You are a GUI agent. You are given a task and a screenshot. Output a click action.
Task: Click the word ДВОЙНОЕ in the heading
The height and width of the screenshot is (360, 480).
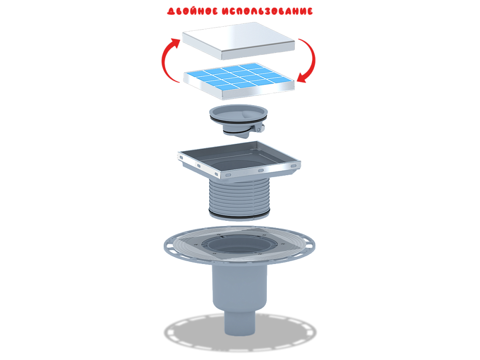tap(192, 12)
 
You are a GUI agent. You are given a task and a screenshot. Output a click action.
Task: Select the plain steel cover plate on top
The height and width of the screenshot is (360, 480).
tap(238, 41)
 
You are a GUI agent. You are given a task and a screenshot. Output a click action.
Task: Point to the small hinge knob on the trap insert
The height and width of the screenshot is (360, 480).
tap(259, 129)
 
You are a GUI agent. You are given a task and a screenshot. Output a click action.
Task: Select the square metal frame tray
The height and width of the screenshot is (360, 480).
tap(239, 159)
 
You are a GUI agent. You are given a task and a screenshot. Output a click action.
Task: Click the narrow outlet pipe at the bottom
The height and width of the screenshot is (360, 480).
tap(240, 323)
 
